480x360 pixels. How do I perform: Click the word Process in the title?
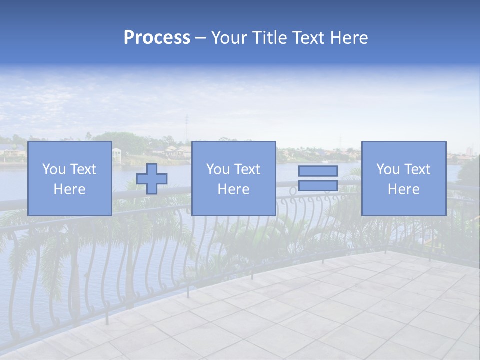pos(157,38)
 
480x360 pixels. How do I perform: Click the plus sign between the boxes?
pos(152,179)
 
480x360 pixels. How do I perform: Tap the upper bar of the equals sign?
pos(318,171)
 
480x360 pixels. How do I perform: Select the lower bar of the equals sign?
pos(318,186)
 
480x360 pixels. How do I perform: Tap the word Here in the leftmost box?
pos(70,189)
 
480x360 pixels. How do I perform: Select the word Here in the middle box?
pos(234,189)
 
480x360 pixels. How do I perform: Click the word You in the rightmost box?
pos(388,169)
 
